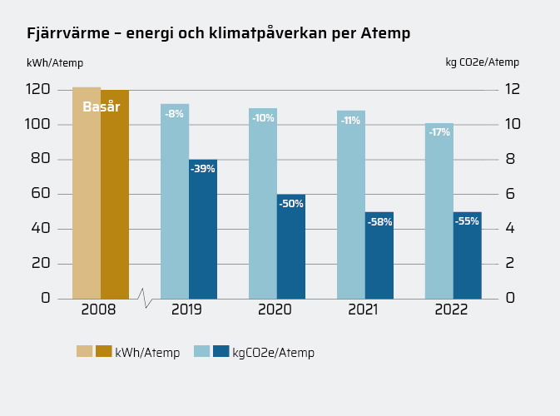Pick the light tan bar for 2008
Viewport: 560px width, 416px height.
pos(87,200)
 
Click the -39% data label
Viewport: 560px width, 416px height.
pos(202,169)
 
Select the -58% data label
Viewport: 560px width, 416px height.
pos(379,222)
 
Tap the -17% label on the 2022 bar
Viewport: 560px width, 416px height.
pos(439,132)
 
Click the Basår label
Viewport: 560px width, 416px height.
pos(102,106)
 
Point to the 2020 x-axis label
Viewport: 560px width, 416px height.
pos(275,310)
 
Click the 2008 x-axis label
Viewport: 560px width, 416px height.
pos(99,310)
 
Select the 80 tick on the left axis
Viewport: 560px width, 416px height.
pos(40,159)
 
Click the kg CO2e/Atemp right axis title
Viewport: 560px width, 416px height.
pos(482,62)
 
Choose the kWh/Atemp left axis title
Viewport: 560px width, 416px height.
pos(55,62)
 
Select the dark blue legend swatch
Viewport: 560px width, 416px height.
pos(221,351)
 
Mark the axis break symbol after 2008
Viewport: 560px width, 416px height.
pos(145,298)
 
